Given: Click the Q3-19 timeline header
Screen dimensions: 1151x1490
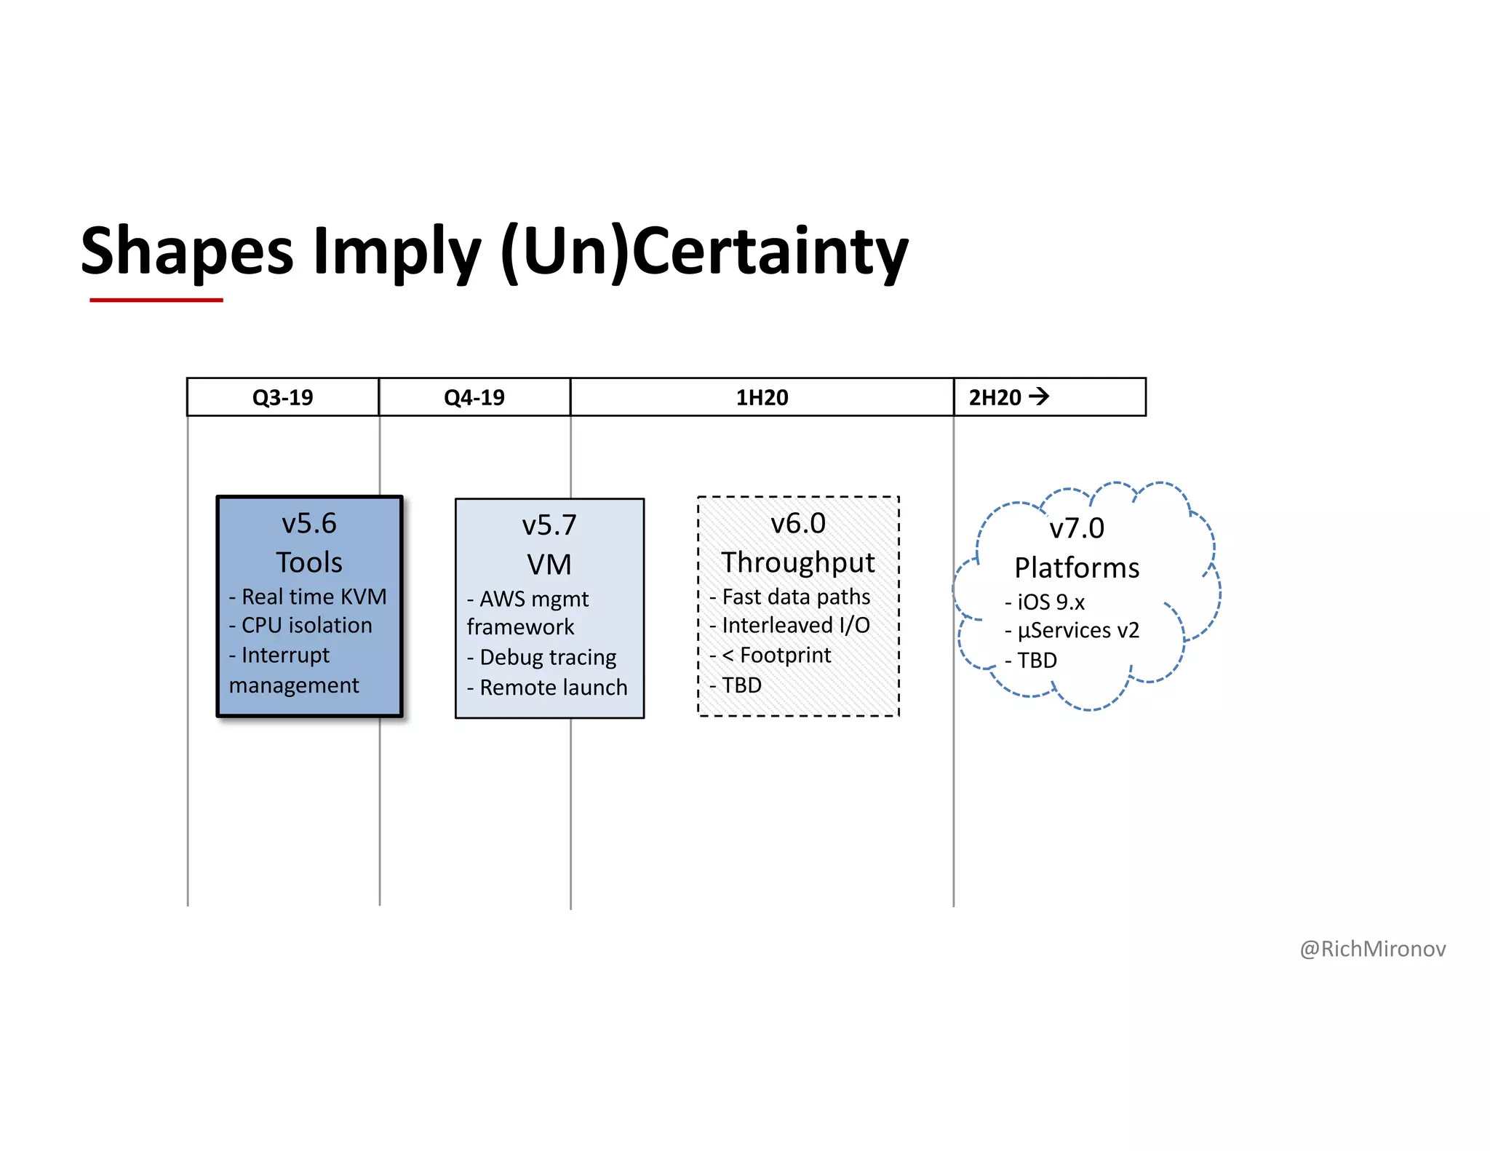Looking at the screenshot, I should tap(282, 397).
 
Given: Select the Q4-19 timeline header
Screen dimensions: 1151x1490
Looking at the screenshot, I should tap(474, 397).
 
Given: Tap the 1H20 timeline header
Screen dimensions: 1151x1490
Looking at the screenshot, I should tap(762, 397).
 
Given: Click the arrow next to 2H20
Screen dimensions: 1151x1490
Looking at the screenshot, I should tap(1039, 397).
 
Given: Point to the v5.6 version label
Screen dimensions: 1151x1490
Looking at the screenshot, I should tap(309, 524).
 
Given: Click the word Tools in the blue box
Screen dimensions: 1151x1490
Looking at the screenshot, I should tap(309, 562).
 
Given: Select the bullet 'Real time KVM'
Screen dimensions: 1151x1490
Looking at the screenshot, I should tap(314, 597).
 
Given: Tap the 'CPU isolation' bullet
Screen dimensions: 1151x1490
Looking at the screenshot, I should tap(306, 626).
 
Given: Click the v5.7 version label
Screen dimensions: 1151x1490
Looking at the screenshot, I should tap(549, 525).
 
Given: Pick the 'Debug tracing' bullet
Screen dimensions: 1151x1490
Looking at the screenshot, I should tap(548, 658).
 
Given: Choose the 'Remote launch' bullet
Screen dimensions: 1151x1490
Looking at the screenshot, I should tap(553, 688).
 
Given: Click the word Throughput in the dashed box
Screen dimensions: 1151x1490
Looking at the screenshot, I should tap(798, 562).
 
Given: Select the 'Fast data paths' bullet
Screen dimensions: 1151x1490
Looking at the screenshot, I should tap(796, 597).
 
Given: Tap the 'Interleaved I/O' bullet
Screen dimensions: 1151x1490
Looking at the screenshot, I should tap(796, 626).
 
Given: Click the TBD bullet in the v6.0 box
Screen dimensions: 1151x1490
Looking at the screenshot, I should tap(741, 685).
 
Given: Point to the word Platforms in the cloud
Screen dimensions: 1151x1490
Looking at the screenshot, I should tap(1077, 567).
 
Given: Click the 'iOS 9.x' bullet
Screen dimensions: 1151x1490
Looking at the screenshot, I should tap(1051, 602).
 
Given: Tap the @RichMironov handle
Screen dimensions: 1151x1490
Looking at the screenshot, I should tap(1372, 949).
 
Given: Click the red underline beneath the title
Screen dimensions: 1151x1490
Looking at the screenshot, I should tap(156, 300).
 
